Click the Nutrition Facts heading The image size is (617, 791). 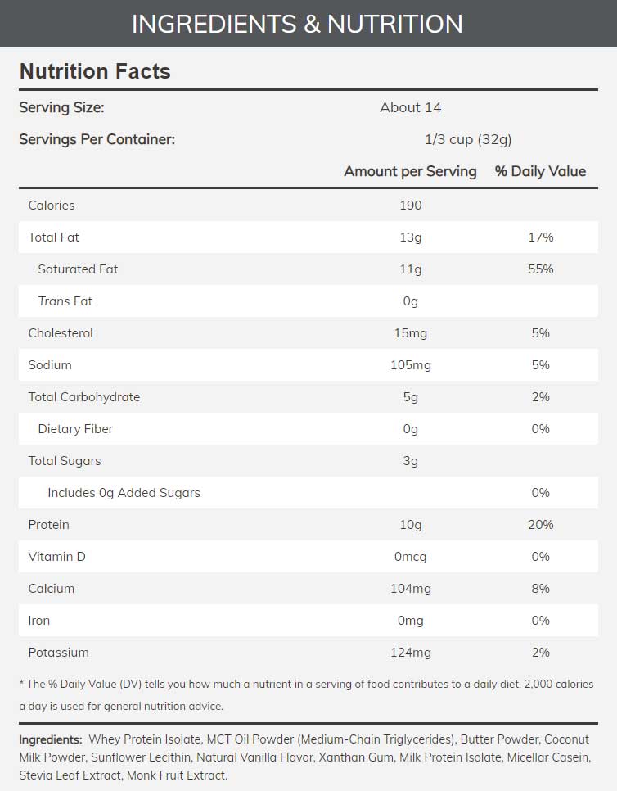click(95, 71)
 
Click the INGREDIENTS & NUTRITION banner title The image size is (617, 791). click(297, 24)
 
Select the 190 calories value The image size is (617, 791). click(410, 206)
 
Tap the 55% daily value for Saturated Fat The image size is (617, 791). click(540, 269)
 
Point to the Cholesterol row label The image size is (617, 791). click(61, 333)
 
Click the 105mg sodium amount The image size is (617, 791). click(410, 365)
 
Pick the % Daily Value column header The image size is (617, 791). click(540, 171)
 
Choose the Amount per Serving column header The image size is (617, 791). click(410, 171)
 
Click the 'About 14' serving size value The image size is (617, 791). click(410, 107)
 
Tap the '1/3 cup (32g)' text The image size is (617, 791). click(468, 139)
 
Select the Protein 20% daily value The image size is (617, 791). click(540, 525)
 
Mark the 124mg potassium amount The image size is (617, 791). click(410, 653)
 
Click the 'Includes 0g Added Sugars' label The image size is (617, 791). click(124, 493)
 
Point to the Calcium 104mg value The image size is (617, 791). click(410, 589)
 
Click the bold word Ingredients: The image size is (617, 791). click(51, 739)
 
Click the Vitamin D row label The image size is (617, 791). click(56, 557)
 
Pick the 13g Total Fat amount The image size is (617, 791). click(410, 237)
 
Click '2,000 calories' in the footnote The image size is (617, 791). click(552, 684)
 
